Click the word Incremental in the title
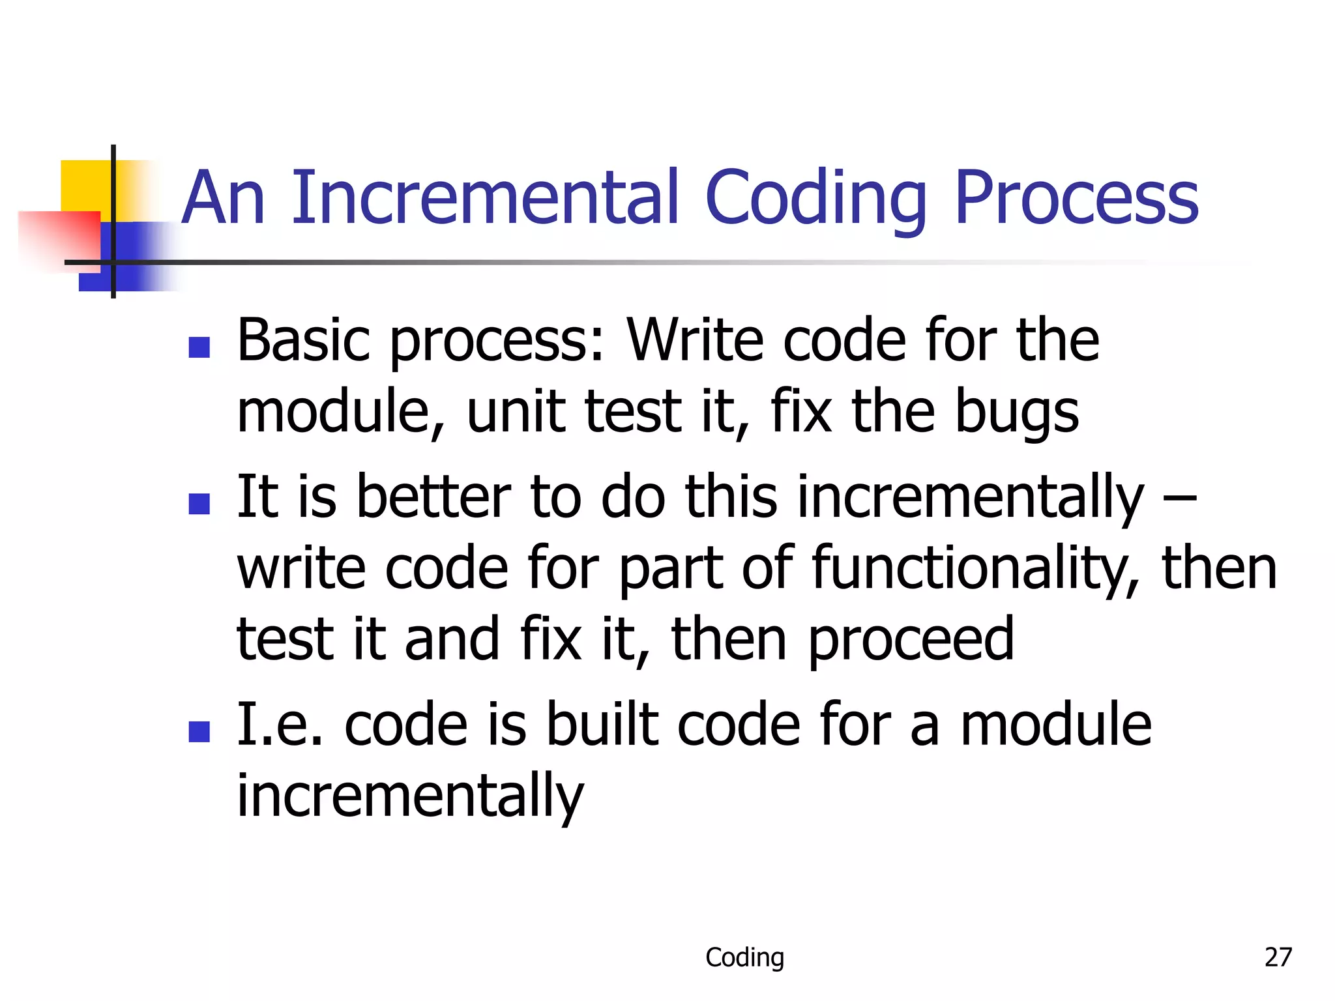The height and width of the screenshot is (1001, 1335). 486,197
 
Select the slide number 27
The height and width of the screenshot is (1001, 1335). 1278,957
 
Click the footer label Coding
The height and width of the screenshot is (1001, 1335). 744,957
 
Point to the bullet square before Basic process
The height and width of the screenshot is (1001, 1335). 199,347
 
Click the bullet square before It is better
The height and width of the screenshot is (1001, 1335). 199,504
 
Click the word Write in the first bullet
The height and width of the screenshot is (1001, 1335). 695,340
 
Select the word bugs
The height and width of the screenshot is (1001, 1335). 1017,413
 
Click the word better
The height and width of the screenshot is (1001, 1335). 433,497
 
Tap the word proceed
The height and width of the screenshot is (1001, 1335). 911,641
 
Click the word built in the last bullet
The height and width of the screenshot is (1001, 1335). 602,725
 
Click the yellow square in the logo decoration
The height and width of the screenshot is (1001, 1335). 85,186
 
